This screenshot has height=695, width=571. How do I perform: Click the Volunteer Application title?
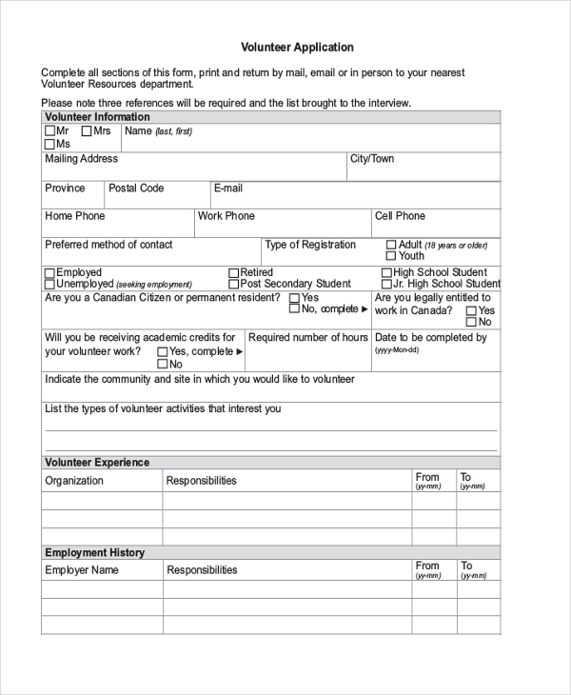tap(297, 47)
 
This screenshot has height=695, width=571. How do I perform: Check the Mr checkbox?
tap(49, 131)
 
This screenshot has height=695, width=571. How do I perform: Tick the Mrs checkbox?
tap(87, 131)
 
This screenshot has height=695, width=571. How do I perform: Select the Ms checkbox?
tap(49, 144)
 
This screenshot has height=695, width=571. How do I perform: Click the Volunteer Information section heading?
tap(97, 117)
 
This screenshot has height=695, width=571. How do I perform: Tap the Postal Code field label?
tap(136, 189)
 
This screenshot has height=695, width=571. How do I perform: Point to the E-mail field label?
tap(228, 189)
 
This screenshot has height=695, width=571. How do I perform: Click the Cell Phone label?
tap(400, 216)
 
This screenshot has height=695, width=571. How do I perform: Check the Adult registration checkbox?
tap(391, 245)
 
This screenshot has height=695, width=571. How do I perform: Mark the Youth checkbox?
tap(391, 256)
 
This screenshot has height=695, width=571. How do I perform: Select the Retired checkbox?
tap(234, 273)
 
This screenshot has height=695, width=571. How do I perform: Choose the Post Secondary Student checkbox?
tap(234, 284)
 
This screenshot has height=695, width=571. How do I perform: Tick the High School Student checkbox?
tap(386, 273)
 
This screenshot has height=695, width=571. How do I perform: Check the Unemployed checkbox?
tap(49, 284)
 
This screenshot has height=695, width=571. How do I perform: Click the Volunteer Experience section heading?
tap(97, 463)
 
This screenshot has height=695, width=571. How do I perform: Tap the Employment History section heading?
tap(95, 552)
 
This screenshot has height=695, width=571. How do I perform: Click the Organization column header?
tap(74, 481)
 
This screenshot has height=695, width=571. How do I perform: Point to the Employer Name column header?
tap(82, 570)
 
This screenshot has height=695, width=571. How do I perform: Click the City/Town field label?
tap(372, 159)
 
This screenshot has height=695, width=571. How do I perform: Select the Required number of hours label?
tap(308, 338)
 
